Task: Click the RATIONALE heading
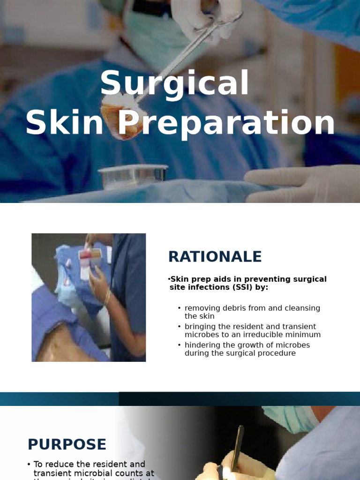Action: click(x=215, y=257)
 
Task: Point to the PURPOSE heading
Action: click(x=67, y=444)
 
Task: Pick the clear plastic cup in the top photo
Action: click(x=133, y=176)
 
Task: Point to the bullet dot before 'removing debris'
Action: click(x=180, y=308)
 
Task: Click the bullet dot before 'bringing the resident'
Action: click(x=180, y=326)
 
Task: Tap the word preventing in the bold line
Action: click(x=256, y=279)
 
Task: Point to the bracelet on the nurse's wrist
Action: click(x=107, y=298)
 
